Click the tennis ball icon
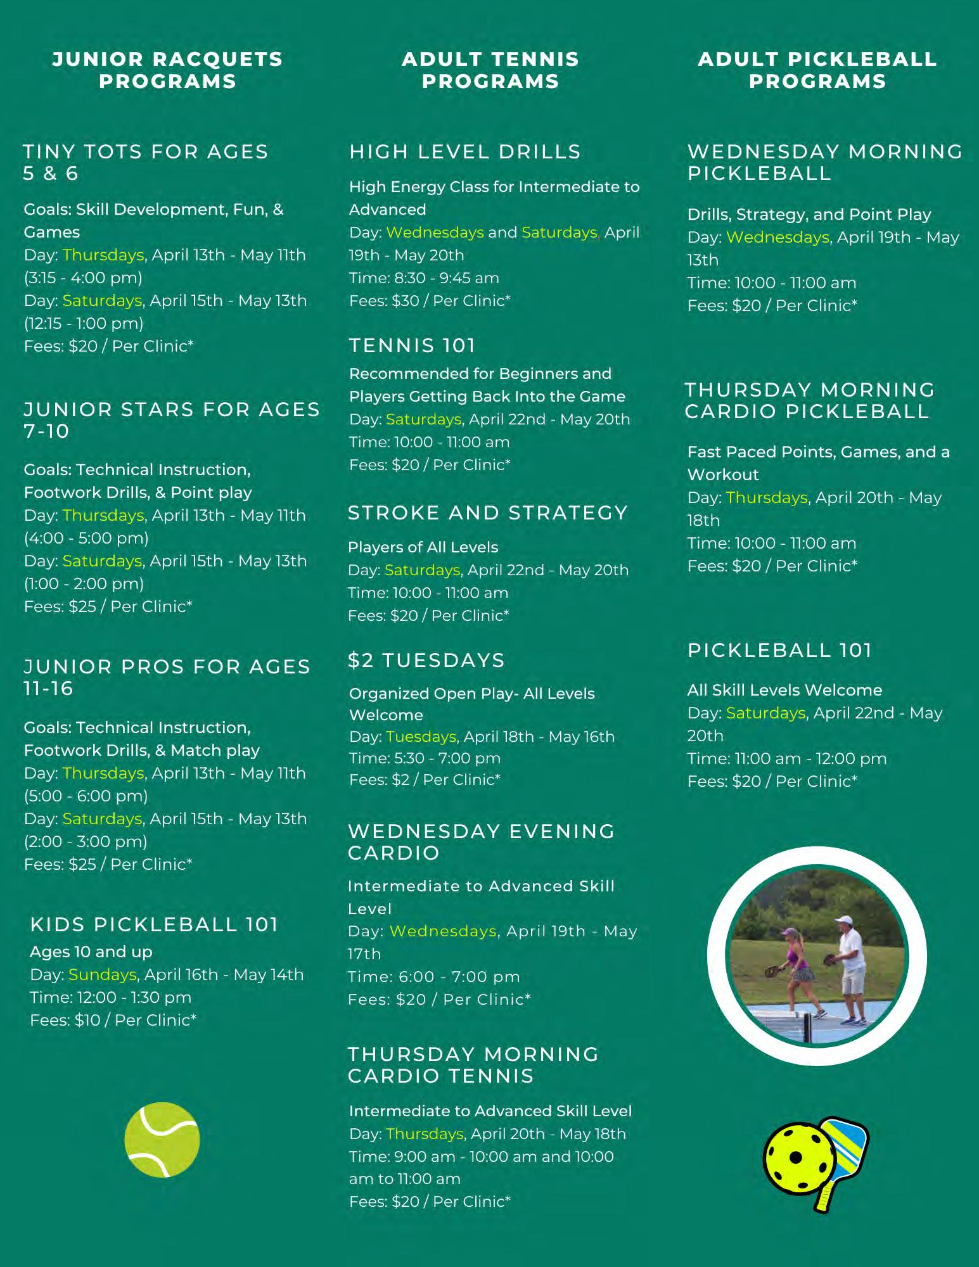pos(162,1140)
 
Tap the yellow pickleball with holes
pos(794,1159)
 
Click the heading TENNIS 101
pos(412,345)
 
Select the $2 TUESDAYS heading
pos(426,660)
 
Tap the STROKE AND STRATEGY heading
pos(488,513)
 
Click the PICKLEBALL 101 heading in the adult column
pos(779,650)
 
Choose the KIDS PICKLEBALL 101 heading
pos(154,924)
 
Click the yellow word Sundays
pos(103,974)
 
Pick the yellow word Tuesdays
pos(421,737)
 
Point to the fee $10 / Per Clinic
pos(113,1020)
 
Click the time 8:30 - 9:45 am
pos(424,278)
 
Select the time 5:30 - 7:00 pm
pos(425,758)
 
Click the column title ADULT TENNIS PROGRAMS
pos(490,70)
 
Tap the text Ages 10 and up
pos(91,952)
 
